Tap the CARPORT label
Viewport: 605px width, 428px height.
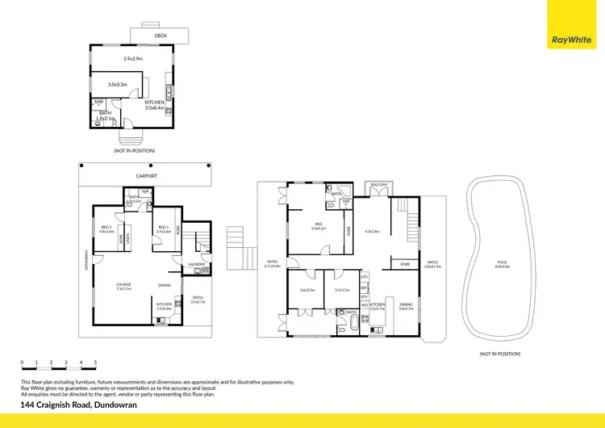coord(147,175)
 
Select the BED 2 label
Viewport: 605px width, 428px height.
coord(105,228)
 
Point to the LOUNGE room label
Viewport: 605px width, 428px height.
coord(123,284)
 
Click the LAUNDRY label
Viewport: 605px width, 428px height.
coord(195,264)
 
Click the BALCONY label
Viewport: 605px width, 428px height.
coord(378,185)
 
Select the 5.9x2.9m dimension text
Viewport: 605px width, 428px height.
coord(134,59)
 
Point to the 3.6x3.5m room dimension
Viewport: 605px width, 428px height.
coord(307,289)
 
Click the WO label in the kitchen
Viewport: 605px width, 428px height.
coord(365,304)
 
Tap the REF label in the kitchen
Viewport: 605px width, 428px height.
coord(365,287)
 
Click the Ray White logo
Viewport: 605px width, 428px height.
coord(570,38)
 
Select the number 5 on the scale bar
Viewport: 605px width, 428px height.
coord(95,363)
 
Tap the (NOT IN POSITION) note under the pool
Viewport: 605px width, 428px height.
coord(499,355)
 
